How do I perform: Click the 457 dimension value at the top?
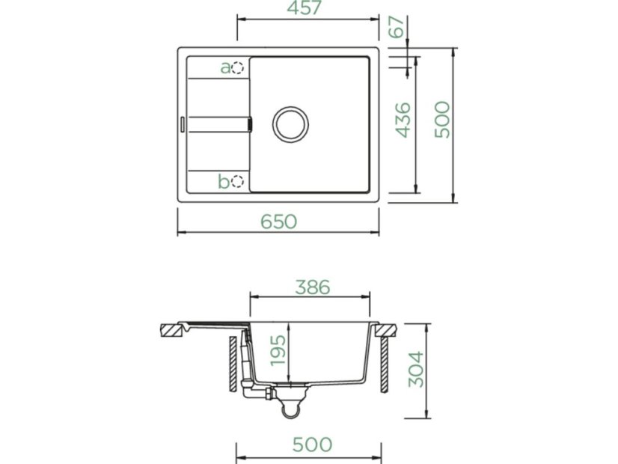click(305, 8)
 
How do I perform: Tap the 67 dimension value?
click(397, 27)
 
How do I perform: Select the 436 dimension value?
click(403, 120)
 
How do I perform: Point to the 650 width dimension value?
click(278, 222)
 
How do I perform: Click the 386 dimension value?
click(313, 287)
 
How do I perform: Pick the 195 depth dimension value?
click(278, 350)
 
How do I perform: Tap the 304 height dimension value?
click(416, 369)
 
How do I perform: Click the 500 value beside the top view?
click(442, 120)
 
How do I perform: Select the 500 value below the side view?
click(312, 445)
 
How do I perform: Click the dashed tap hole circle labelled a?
click(238, 68)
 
